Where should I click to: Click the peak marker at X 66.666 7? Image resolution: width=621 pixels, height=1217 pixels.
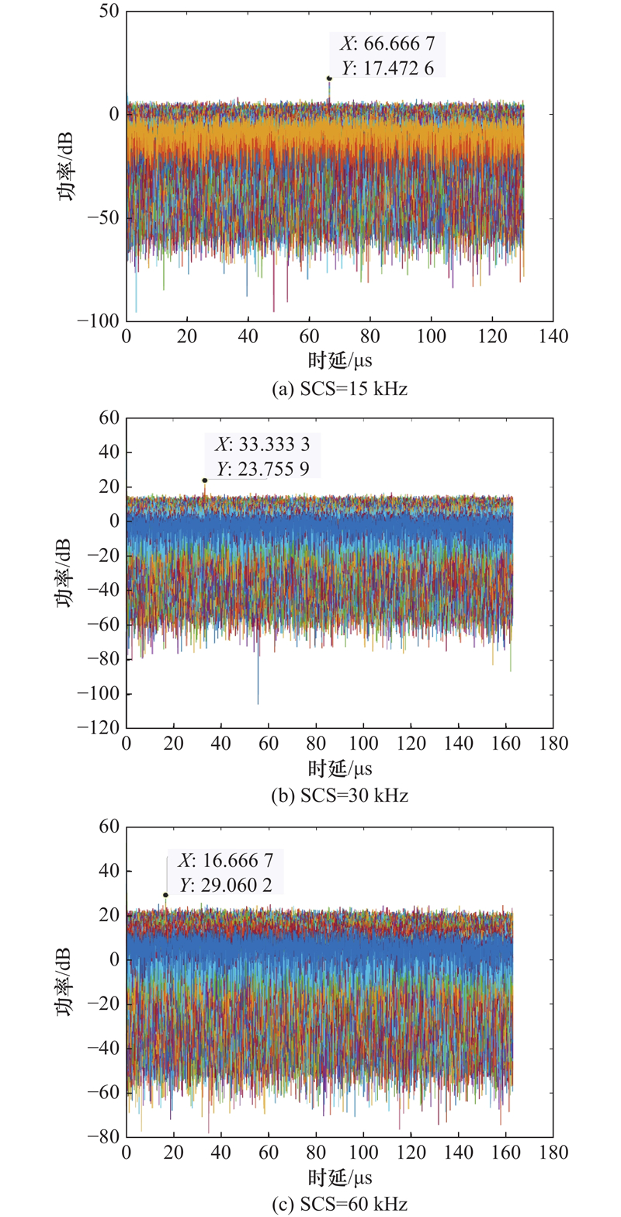(x=329, y=78)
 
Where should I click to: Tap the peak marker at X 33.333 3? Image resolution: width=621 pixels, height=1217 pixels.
(x=205, y=480)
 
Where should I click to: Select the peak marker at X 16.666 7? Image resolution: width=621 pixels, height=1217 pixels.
(x=165, y=895)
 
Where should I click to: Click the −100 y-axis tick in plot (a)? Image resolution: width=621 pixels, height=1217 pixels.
(x=102, y=321)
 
